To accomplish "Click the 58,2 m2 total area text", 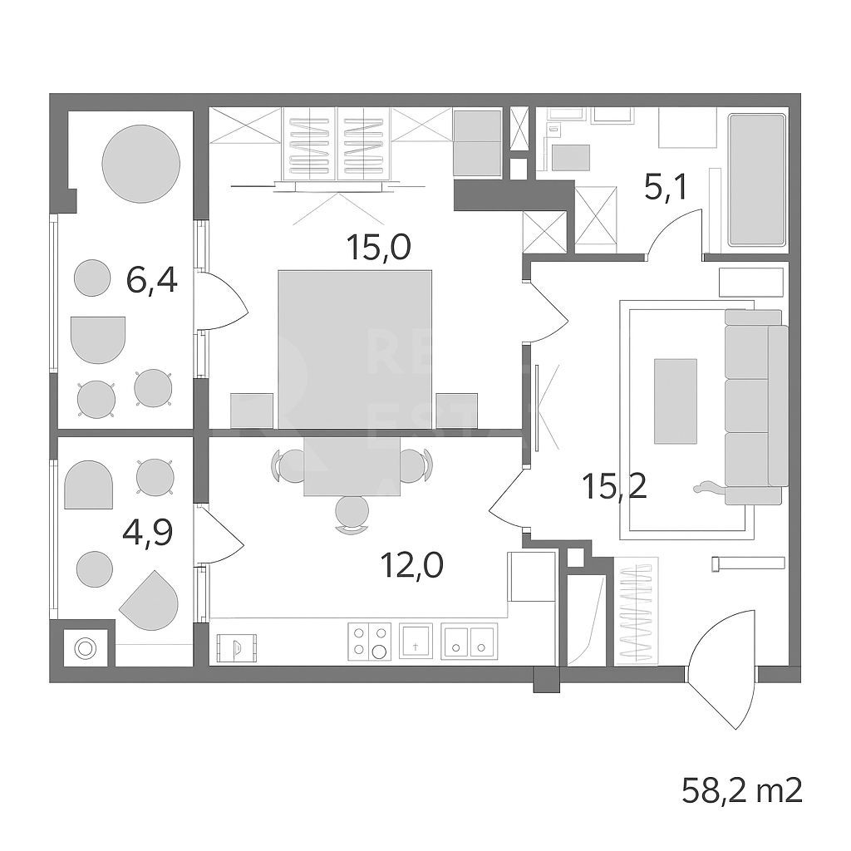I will (x=742, y=790).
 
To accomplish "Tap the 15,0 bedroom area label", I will (x=379, y=247).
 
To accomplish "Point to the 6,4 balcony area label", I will (x=152, y=281).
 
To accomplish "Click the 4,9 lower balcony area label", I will (x=147, y=532).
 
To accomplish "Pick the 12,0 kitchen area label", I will (x=412, y=566).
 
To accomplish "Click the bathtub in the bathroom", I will (x=757, y=180).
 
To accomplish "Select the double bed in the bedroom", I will (x=355, y=349).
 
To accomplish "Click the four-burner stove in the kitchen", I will (x=370, y=641).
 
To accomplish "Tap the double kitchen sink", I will (x=469, y=641).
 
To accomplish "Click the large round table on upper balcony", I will (x=141, y=164).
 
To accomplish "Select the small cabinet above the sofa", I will (x=751, y=283).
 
